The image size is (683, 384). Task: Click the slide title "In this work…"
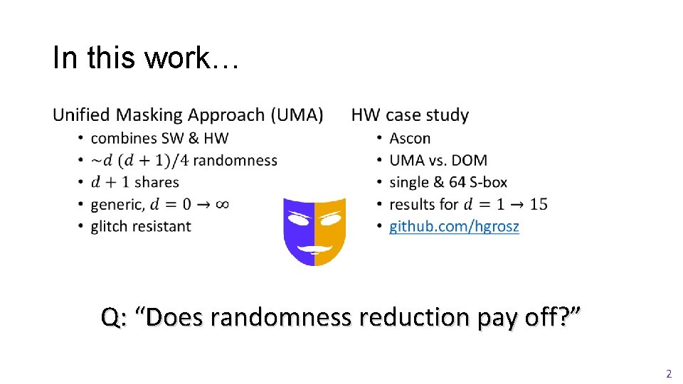(147, 58)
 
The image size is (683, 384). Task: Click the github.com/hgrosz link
(454, 227)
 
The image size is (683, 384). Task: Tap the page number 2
(668, 373)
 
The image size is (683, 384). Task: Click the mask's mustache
(314, 248)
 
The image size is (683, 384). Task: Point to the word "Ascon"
(410, 139)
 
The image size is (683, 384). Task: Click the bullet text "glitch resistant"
(140, 227)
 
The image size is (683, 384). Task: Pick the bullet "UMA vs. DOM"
(438, 161)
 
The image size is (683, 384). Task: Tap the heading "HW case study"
(410, 115)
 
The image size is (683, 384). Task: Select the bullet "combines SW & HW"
(159, 139)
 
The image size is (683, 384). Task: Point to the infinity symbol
(221, 205)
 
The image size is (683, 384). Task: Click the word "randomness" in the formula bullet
(235, 161)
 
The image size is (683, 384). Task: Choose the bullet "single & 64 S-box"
(448, 183)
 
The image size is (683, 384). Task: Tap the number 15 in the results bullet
(539, 205)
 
